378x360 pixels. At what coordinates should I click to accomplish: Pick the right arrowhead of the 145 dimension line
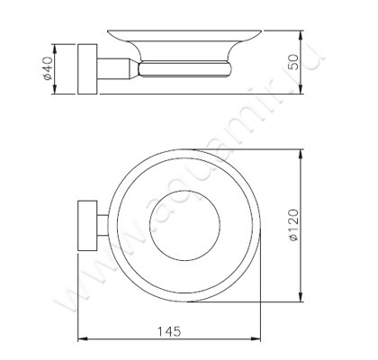point(256,340)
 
